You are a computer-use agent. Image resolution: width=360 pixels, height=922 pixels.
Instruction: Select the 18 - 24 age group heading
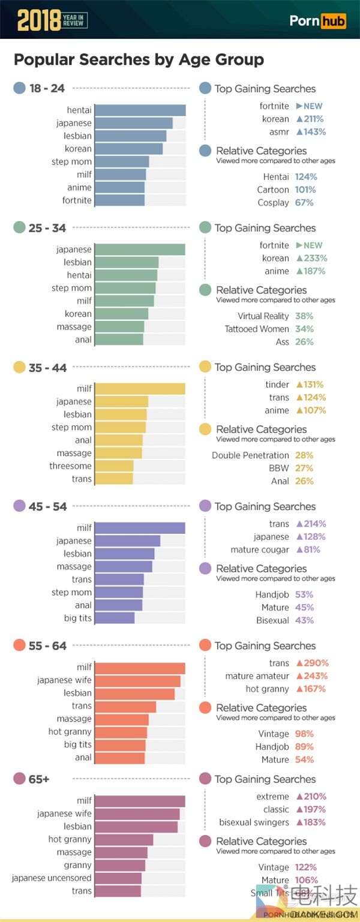pyautogui.click(x=46, y=88)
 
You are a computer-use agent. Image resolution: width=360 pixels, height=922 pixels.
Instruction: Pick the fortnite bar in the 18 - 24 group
pyautogui.click(x=119, y=200)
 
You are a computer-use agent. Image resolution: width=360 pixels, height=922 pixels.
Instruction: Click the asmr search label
pyautogui.click(x=279, y=132)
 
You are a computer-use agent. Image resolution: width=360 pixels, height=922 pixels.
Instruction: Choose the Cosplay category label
pyautogui.click(x=273, y=203)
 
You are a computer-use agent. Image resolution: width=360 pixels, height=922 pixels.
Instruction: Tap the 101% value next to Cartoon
pyautogui.click(x=305, y=190)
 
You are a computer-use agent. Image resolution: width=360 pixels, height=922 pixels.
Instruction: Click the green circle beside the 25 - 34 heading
pyautogui.click(x=19, y=228)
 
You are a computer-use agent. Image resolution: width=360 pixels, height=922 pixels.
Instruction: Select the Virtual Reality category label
pyautogui.click(x=263, y=316)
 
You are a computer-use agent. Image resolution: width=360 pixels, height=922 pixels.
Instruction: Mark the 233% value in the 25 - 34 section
pyautogui.click(x=311, y=258)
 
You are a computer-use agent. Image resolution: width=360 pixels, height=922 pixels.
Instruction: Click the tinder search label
pyautogui.click(x=277, y=385)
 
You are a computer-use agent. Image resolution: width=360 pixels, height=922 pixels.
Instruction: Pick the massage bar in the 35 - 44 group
pyautogui.click(x=118, y=453)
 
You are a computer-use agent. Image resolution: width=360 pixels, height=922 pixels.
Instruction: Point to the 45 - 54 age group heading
pyautogui.click(x=47, y=506)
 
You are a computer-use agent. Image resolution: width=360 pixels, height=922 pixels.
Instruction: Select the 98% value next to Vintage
pyautogui.click(x=304, y=734)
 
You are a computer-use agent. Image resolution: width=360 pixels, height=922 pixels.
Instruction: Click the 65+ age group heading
pyautogui.click(x=40, y=779)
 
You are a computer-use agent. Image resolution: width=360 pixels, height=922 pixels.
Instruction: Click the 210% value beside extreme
pyautogui.click(x=311, y=797)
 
